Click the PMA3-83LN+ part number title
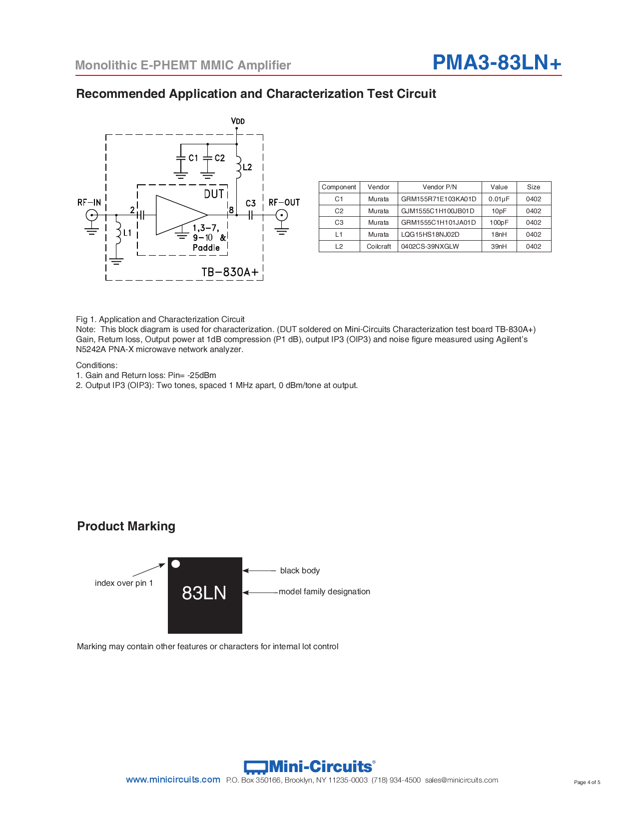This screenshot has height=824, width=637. (497, 62)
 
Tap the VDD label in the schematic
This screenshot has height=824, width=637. (238, 121)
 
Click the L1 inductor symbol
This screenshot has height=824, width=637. (118, 233)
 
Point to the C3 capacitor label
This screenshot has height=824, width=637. (250, 203)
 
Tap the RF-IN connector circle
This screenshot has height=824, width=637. (91, 215)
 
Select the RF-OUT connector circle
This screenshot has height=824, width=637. (282, 215)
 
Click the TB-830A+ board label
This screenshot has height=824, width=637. (230, 272)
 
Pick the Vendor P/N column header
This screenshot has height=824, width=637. (440, 187)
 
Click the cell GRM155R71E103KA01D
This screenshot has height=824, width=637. (439, 199)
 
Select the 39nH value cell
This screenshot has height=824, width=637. (499, 246)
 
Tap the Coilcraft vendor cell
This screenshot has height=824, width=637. (379, 246)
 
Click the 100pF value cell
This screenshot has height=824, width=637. (499, 223)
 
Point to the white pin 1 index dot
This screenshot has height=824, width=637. (176, 564)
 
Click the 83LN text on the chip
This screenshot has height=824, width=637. (204, 593)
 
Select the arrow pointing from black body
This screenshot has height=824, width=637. (259, 570)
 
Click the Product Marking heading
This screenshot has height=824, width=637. (126, 526)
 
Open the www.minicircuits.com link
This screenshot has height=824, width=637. (173, 780)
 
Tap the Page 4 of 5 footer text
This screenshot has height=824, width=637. (587, 782)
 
